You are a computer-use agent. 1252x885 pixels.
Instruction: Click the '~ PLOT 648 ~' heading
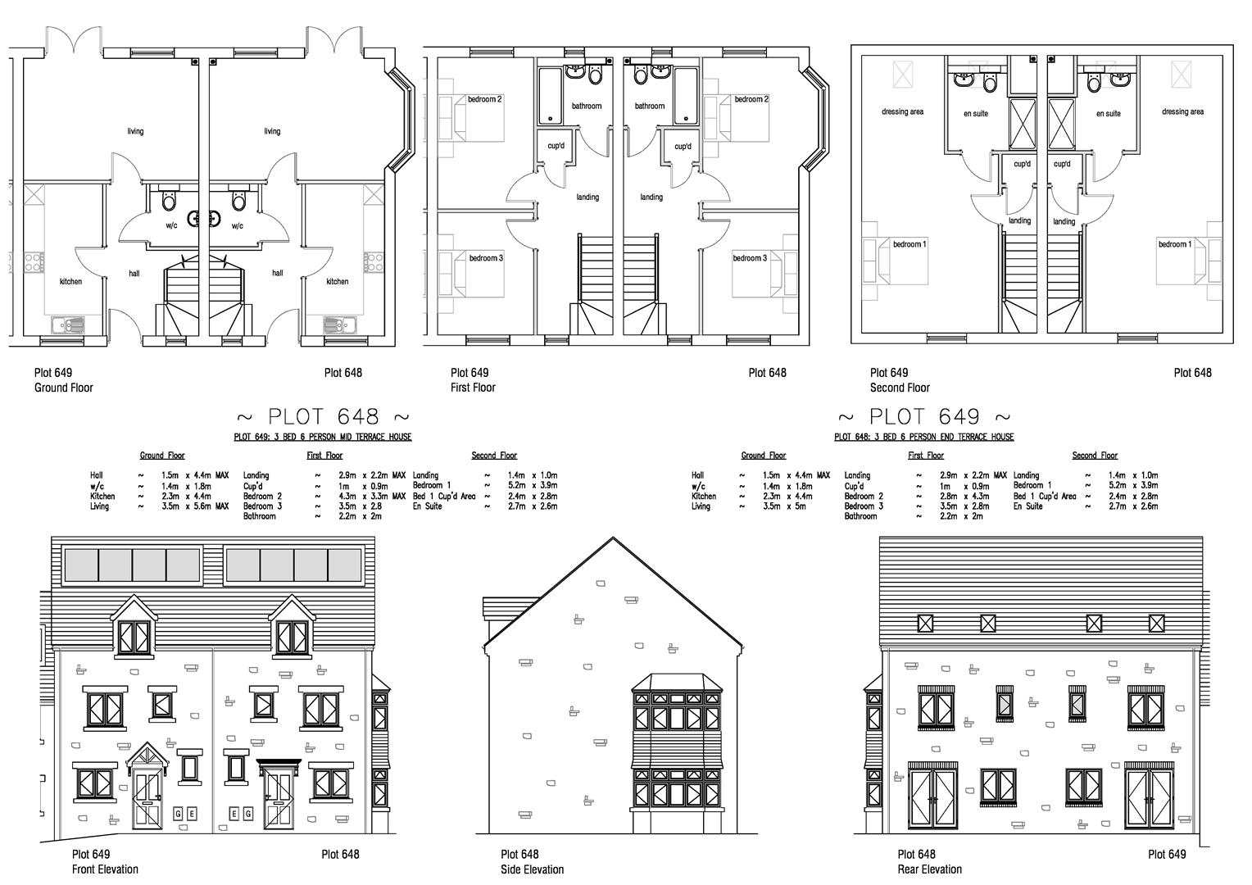[x=322, y=417]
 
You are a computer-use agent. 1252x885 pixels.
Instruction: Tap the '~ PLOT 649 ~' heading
[x=923, y=417]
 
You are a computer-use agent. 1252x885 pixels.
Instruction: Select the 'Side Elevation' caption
[x=532, y=869]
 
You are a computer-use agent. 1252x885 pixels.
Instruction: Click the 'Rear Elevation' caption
[x=929, y=869]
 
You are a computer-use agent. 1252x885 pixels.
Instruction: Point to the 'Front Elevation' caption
[x=105, y=869]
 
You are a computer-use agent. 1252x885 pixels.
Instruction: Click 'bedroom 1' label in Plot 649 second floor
[x=910, y=244]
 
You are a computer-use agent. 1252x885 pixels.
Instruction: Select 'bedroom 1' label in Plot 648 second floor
[x=1174, y=244]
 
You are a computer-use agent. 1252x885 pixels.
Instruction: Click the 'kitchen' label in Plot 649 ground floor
[x=70, y=282]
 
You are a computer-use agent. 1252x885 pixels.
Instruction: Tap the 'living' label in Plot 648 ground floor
[x=272, y=131]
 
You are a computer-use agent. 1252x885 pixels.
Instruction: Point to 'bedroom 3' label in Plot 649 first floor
[x=486, y=258]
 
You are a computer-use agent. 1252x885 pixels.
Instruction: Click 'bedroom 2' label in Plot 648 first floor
[x=751, y=99]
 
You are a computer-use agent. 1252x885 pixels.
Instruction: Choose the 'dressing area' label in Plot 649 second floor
[x=902, y=111]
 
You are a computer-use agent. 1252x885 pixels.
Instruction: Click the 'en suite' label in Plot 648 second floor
[x=1108, y=113]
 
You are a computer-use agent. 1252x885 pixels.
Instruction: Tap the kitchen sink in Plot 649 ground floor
[x=67, y=325]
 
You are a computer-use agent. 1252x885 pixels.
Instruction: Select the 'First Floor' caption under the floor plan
[x=473, y=388]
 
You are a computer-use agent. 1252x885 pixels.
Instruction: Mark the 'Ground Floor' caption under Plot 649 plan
[x=63, y=388]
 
